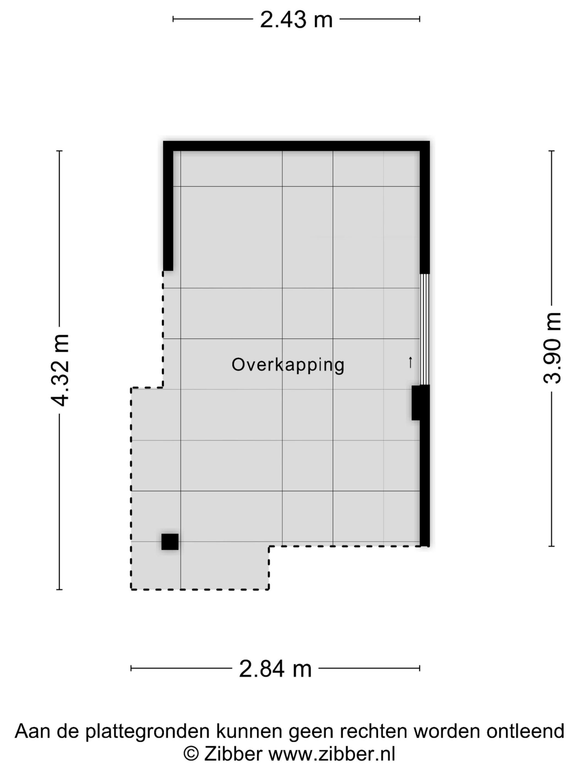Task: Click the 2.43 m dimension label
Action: pos(296,20)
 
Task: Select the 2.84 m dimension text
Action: pos(275,669)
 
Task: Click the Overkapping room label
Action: pos(288,365)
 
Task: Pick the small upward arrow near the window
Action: pos(410,362)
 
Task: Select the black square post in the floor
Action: pos(170,542)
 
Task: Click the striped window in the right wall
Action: pos(424,329)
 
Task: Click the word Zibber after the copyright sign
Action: pos(233,754)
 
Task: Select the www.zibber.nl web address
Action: pos(331,754)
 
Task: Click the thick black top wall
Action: pos(296,146)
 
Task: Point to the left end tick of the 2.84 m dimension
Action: pos(131,668)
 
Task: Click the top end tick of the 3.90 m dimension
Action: pos(551,151)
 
